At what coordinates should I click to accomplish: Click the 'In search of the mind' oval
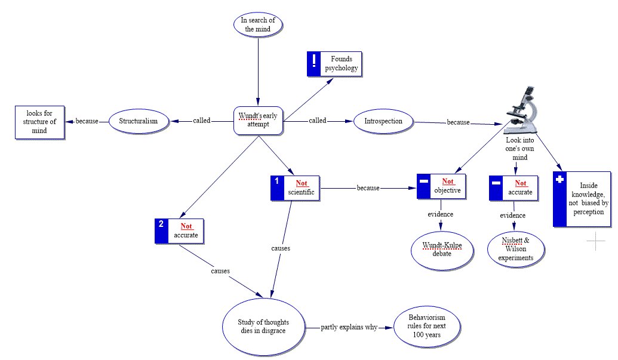(x=258, y=24)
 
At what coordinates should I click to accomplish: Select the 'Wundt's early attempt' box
(x=258, y=120)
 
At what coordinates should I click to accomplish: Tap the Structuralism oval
(x=138, y=121)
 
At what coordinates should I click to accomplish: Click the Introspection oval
(x=383, y=121)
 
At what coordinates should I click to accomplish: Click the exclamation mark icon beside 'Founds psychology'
(x=314, y=63)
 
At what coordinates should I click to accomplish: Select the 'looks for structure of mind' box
(x=39, y=122)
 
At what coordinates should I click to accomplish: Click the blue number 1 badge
(x=277, y=187)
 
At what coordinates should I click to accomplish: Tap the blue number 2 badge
(x=161, y=230)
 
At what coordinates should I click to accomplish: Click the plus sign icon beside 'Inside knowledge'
(x=559, y=199)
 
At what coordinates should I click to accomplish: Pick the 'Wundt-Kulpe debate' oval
(x=442, y=249)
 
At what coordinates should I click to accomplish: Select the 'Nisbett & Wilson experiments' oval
(x=517, y=249)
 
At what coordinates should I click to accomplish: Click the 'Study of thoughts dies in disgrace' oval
(x=263, y=327)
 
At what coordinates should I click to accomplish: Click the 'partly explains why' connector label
(x=349, y=327)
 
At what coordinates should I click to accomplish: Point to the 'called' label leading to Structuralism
(x=202, y=121)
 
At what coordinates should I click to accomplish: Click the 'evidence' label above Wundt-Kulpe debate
(x=440, y=214)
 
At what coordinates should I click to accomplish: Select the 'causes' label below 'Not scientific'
(x=280, y=248)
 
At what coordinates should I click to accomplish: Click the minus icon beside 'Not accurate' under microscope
(x=496, y=187)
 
